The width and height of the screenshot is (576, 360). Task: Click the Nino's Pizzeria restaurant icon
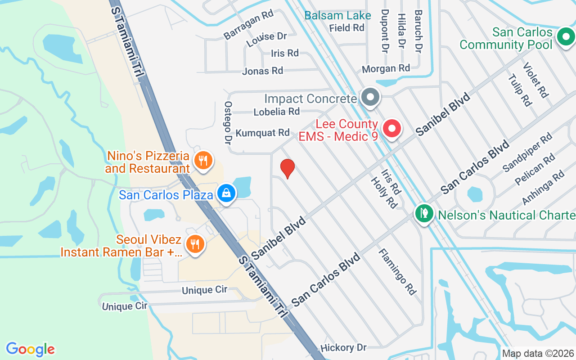[203, 160]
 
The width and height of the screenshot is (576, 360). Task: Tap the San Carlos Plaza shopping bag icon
[226, 193]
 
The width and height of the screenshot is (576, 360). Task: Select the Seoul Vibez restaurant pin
[195, 244]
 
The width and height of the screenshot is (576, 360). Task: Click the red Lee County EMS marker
[391, 129]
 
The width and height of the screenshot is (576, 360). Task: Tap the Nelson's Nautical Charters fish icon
[423, 213]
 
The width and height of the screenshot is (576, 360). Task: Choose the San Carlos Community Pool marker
[565, 37]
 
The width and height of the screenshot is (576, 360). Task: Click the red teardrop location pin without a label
[287, 168]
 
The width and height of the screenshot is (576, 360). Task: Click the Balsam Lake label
[337, 16]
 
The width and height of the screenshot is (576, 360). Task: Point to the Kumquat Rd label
[263, 133]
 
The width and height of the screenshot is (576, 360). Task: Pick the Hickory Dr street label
[343, 347]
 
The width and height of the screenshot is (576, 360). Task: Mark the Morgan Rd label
[386, 68]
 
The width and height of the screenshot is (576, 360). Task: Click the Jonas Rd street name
[262, 71]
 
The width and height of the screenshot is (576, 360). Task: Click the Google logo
[31, 349]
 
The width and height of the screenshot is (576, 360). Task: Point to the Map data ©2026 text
[538, 354]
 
